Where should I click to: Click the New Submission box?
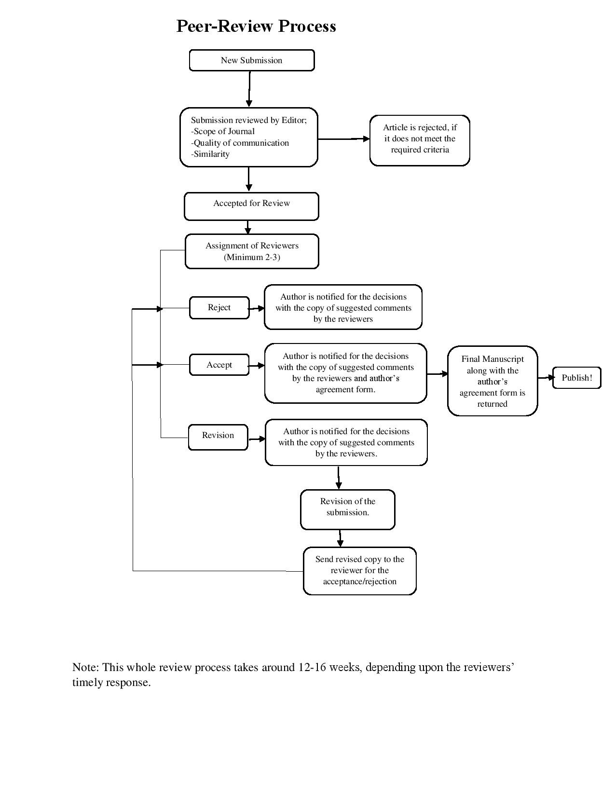click(251, 60)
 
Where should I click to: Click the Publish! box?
click(576, 378)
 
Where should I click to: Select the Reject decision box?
click(219, 308)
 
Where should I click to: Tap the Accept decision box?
click(219, 365)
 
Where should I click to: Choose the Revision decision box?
click(218, 436)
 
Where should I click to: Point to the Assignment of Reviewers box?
click(252, 251)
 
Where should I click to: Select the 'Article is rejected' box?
click(420, 140)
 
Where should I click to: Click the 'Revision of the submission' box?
click(347, 509)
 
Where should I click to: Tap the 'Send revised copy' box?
click(359, 570)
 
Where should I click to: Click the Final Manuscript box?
click(492, 381)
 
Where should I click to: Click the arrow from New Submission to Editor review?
click(249, 89)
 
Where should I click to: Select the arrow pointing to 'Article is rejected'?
click(343, 139)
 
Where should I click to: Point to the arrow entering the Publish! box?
click(545, 378)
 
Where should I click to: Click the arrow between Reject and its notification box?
click(257, 308)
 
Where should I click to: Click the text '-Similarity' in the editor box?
click(211, 154)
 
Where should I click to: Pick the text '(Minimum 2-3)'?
click(252, 257)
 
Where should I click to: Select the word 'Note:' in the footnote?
click(85, 667)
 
